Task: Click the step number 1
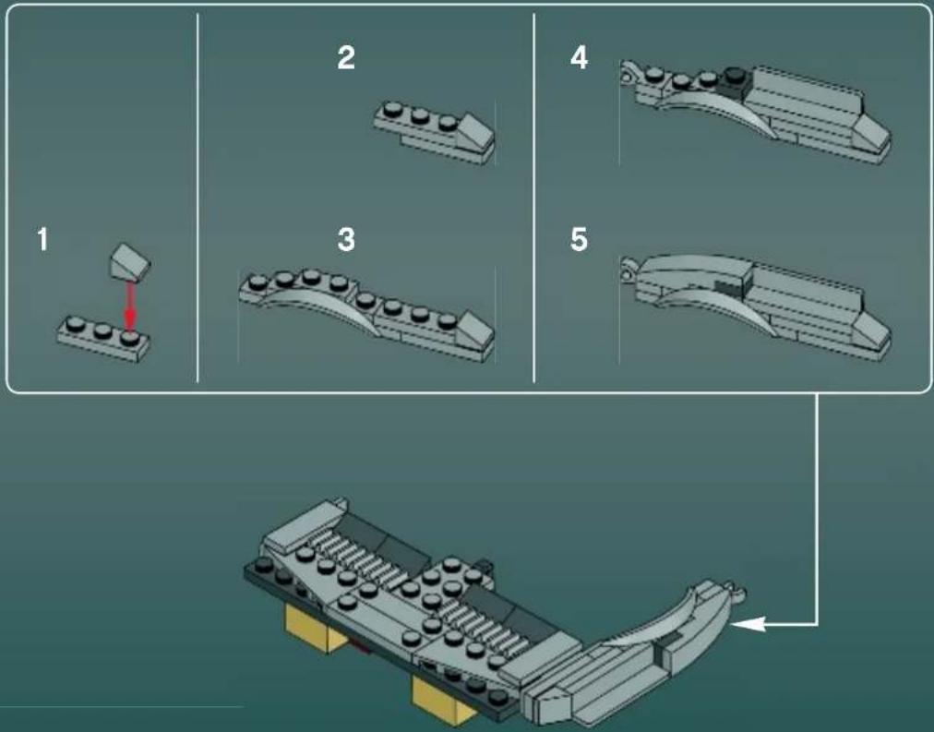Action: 42,242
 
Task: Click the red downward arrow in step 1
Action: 131,305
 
